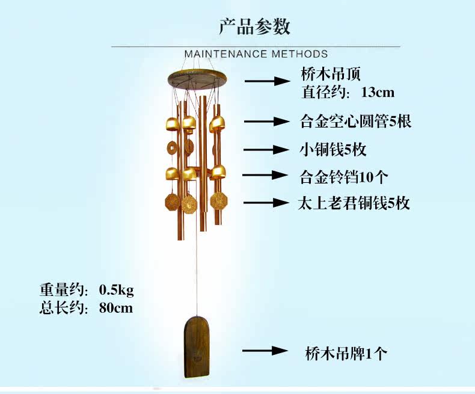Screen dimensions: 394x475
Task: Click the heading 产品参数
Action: [x=255, y=26]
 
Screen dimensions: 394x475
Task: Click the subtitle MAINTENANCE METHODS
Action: [x=256, y=54]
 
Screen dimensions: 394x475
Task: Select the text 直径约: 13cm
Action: [x=348, y=92]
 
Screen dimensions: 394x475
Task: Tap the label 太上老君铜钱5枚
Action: [x=354, y=203]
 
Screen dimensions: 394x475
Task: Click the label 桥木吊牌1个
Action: [x=345, y=353]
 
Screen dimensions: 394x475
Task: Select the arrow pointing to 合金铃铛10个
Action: [x=266, y=175]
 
